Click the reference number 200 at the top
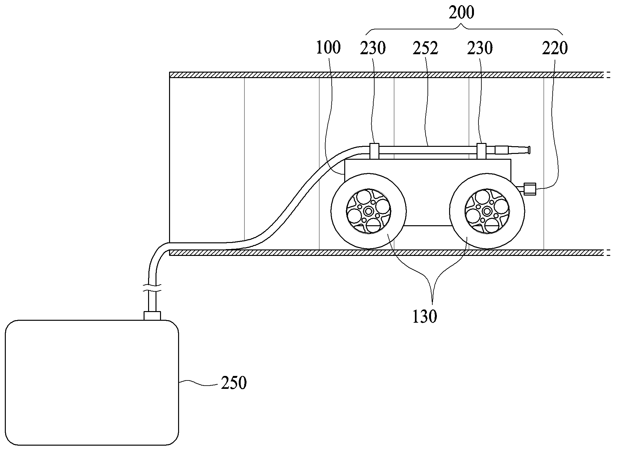click(x=462, y=13)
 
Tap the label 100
click(x=328, y=48)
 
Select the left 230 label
click(x=373, y=48)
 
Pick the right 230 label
click(x=480, y=48)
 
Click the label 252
click(x=426, y=48)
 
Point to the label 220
click(x=555, y=48)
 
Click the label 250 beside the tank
click(x=234, y=383)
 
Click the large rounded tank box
click(x=92, y=383)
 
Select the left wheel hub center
click(x=368, y=212)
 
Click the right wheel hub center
click(x=487, y=212)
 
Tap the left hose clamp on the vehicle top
click(x=374, y=151)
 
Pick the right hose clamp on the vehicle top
click(x=481, y=151)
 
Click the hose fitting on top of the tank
click(x=152, y=316)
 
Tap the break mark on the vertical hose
click(x=152, y=288)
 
